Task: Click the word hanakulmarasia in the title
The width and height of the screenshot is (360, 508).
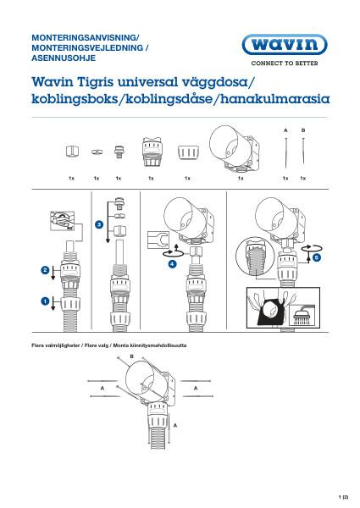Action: pos(270,99)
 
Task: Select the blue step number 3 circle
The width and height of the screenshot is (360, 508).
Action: pos(99,224)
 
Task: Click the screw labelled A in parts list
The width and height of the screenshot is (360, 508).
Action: pos(285,152)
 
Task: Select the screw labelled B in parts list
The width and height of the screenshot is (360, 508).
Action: pos(302,152)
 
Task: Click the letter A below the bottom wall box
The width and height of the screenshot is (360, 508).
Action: pos(175,428)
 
